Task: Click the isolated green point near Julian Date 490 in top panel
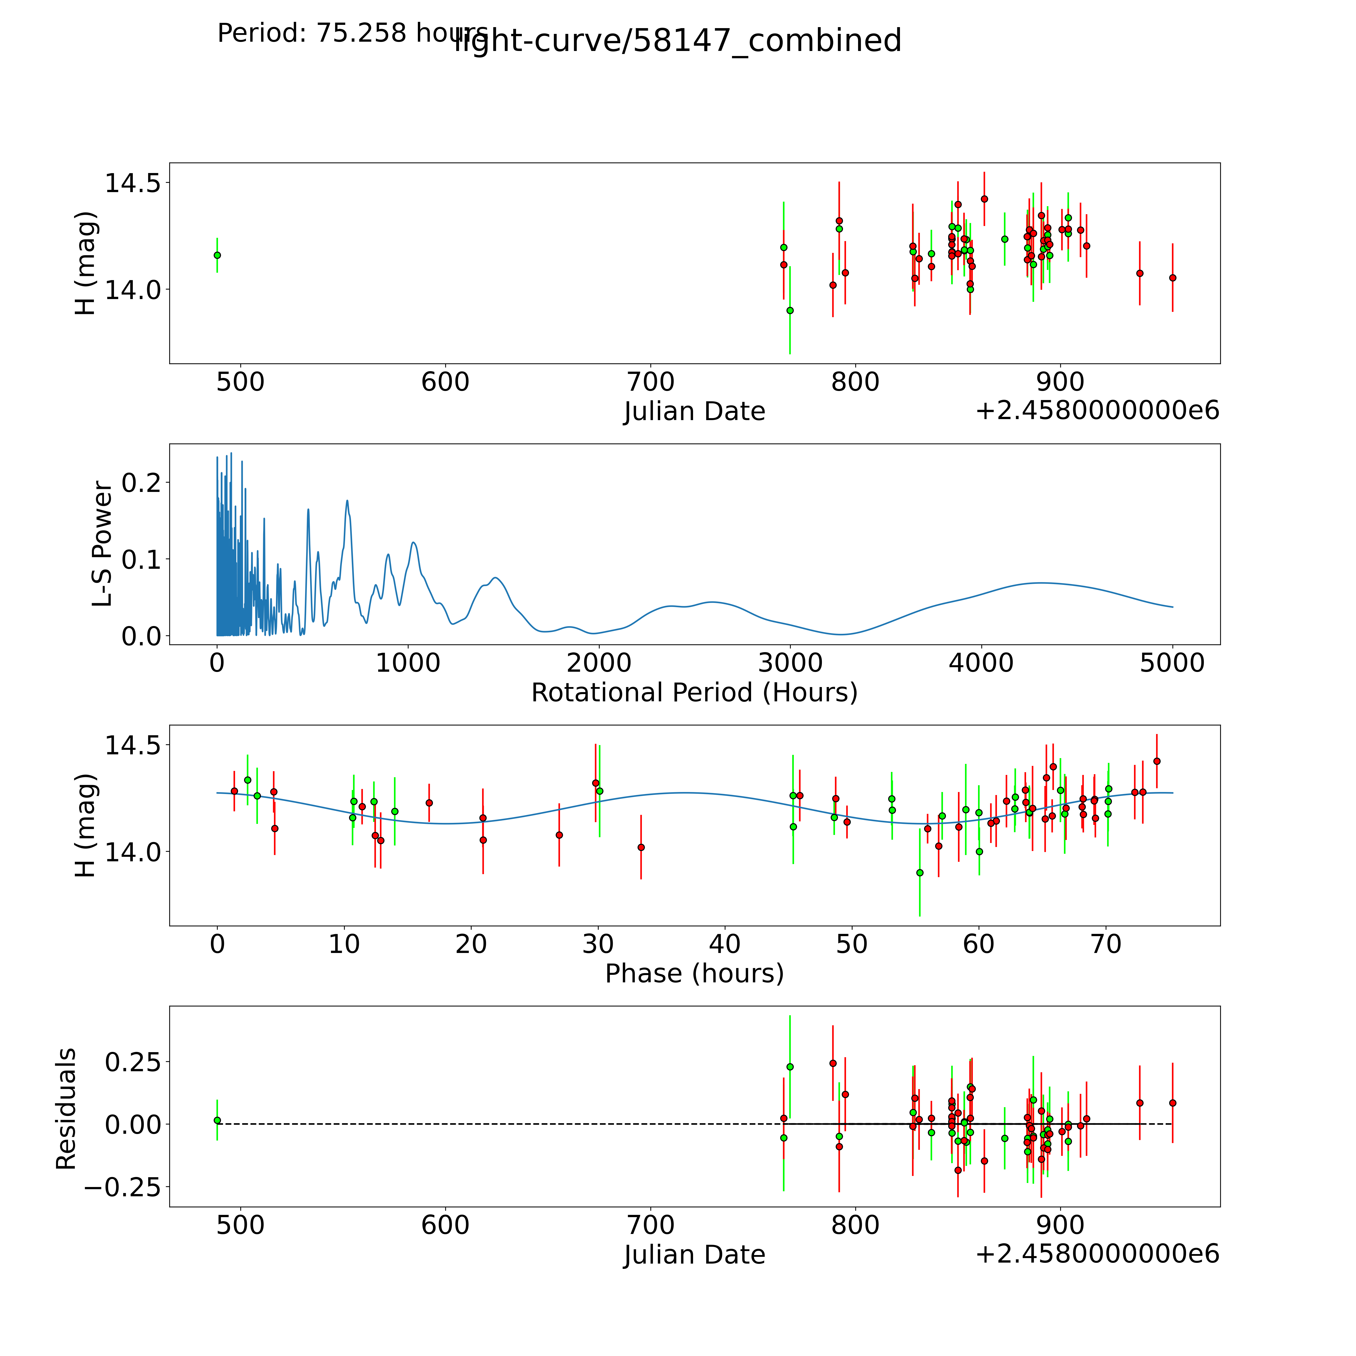tap(217, 255)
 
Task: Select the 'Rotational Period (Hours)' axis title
tap(694, 693)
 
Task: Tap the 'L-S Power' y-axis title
tap(102, 544)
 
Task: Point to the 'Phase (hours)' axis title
tap(694, 974)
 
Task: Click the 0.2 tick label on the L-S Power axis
tap(141, 482)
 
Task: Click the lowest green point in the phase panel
tap(919, 872)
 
